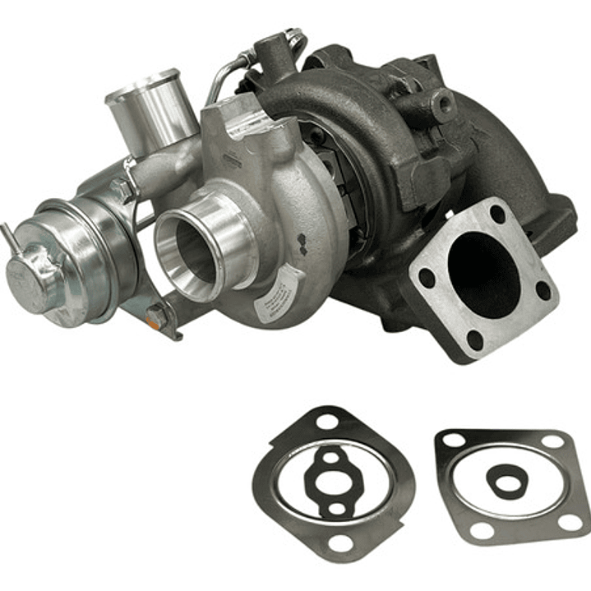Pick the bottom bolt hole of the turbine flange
point(474,338)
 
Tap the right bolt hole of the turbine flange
point(543,289)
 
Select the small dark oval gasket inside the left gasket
point(333,479)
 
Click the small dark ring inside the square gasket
point(506,479)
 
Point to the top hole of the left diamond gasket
point(327,422)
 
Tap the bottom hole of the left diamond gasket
point(338,543)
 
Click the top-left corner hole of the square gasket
point(450,441)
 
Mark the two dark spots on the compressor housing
point(302,240)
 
